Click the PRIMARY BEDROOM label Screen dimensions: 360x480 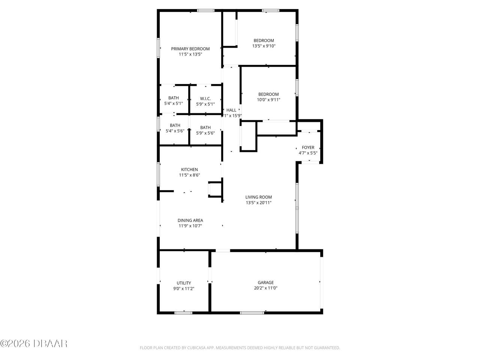pyautogui.click(x=190, y=49)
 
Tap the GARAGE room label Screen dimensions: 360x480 pyautogui.click(x=265, y=283)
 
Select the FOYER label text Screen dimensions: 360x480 pyautogui.click(x=308, y=147)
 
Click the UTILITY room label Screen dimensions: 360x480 pyautogui.click(x=184, y=283)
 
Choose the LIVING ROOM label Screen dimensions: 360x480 pyautogui.click(x=258, y=197)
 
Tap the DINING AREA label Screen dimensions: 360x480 pyautogui.click(x=190, y=220)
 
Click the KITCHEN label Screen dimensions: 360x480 pyautogui.click(x=189, y=169)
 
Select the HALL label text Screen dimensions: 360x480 pyautogui.click(x=231, y=110)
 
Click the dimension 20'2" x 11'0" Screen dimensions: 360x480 pyautogui.click(x=265, y=288)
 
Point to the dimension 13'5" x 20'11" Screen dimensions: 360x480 pyautogui.click(x=258, y=203)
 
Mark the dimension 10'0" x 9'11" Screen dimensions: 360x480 pyautogui.click(x=268, y=100)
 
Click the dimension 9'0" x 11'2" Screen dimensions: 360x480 pyautogui.click(x=184, y=289)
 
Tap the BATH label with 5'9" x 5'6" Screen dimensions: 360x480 pyautogui.click(x=205, y=127)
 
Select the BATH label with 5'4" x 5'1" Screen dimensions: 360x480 pyautogui.click(x=173, y=98)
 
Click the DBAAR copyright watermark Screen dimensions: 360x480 pyautogui.click(x=34, y=343)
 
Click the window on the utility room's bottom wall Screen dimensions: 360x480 pyautogui.click(x=183, y=312)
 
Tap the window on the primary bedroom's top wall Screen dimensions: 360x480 pyautogui.click(x=205, y=10)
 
